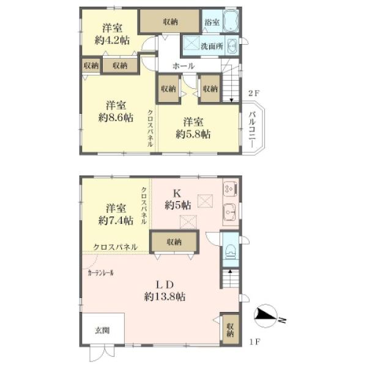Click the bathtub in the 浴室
pyautogui.click(x=231, y=21)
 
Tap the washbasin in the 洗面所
pyautogui.click(x=232, y=46)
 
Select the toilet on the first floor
pyautogui.click(x=231, y=251)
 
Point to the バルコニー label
pyautogui.click(x=252, y=129)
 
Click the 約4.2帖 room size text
pyautogui.click(x=112, y=40)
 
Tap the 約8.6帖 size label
pyautogui.click(x=116, y=117)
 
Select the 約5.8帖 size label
pyautogui.click(x=193, y=134)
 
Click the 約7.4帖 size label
pyautogui.click(x=116, y=220)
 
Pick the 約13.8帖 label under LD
pyautogui.click(x=165, y=297)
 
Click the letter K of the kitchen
pyautogui.click(x=177, y=193)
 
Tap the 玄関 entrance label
pyautogui.click(x=102, y=330)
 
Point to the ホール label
pyautogui.click(x=183, y=66)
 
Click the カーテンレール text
pyautogui.click(x=101, y=273)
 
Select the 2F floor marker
pyautogui.click(x=254, y=94)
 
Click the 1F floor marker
pyautogui.click(x=254, y=342)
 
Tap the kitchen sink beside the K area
pyautogui.click(x=229, y=212)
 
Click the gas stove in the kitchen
pyautogui.click(x=231, y=188)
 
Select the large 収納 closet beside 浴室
pyautogui.click(x=169, y=21)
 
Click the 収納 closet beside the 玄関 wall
pyautogui.click(x=231, y=330)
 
